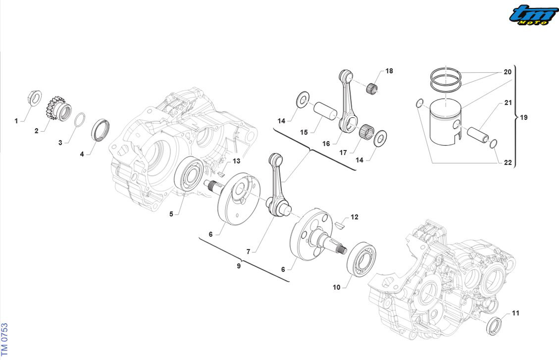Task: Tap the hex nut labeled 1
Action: [34, 98]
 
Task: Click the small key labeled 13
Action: [220, 174]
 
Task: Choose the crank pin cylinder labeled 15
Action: [325, 111]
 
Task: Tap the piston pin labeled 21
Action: [478, 134]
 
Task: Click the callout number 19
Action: [524, 117]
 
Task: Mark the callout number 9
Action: [238, 266]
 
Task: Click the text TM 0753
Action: [4, 339]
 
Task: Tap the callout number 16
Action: [326, 144]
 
